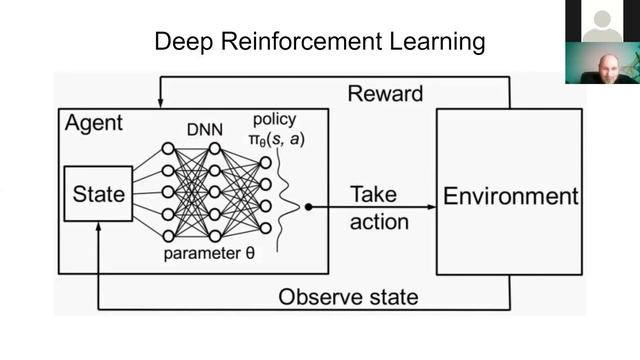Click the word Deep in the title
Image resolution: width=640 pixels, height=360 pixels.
184,42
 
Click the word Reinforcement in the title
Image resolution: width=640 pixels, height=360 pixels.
302,41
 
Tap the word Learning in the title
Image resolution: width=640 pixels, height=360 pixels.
438,42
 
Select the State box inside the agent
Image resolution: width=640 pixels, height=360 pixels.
98,194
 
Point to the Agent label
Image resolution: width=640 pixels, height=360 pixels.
94,123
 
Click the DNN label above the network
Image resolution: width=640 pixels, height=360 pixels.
205,130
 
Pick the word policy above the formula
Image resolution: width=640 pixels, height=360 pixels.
275,120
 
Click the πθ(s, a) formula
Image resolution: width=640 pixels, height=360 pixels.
277,140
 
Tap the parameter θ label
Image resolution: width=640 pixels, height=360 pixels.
209,253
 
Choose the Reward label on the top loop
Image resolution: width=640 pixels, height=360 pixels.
385,94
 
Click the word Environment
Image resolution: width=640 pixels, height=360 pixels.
511,196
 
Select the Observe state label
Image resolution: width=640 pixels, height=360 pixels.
348,297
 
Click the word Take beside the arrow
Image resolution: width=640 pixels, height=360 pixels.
373,194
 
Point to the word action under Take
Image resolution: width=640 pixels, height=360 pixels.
379,222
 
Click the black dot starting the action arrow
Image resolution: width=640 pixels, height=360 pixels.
309,207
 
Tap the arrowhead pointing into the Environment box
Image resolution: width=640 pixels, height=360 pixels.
432,207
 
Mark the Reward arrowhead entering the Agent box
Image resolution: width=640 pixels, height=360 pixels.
161,103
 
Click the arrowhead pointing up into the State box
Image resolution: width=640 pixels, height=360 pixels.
98,227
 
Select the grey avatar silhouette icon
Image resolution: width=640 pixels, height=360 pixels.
602,25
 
